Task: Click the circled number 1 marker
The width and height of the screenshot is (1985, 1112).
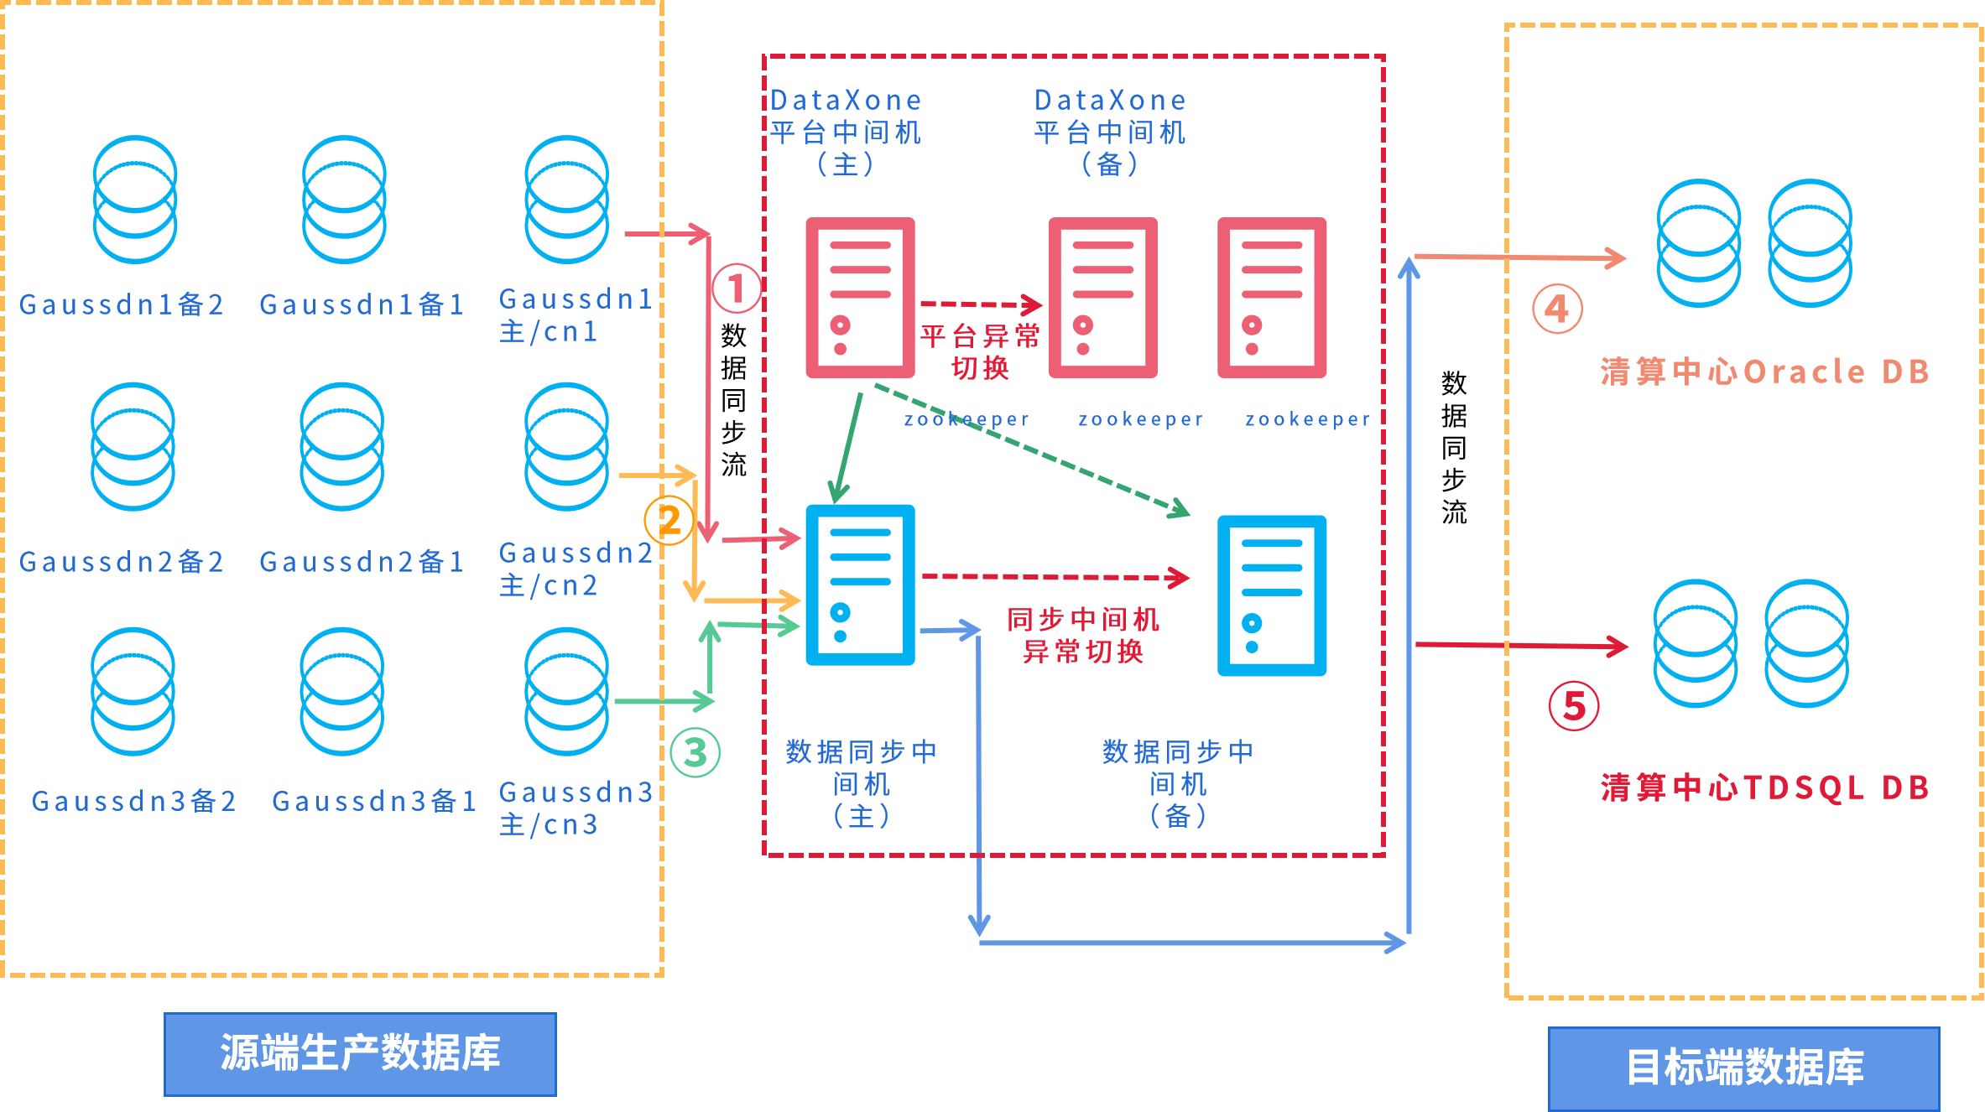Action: (737, 288)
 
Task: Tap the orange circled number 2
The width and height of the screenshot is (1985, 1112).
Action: (669, 520)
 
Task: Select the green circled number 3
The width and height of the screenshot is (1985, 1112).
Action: (696, 752)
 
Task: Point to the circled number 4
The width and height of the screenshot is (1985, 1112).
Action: (1557, 309)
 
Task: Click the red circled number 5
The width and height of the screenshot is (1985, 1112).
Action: (1574, 705)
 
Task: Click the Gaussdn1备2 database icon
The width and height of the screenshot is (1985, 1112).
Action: (134, 200)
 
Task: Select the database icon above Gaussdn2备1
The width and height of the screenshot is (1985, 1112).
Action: (342, 446)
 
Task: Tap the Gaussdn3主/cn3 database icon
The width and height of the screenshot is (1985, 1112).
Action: (566, 691)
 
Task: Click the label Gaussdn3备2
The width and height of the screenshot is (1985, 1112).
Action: (134, 801)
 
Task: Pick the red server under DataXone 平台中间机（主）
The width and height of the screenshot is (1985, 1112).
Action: (860, 298)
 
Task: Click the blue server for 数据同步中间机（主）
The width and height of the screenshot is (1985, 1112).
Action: (860, 585)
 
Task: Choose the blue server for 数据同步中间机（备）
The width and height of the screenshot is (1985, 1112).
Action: (1272, 595)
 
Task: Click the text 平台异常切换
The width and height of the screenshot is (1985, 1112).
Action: (980, 352)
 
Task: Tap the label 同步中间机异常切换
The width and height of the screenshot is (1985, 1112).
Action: (1083, 635)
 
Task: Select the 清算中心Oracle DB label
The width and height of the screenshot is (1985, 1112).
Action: (1765, 372)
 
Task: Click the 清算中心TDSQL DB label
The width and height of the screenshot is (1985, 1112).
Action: (1765, 787)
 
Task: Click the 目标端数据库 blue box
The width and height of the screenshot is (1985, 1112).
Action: (1744, 1068)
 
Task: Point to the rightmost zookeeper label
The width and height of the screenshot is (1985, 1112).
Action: (1308, 419)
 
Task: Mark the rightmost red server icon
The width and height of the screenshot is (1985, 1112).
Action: (1272, 298)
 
